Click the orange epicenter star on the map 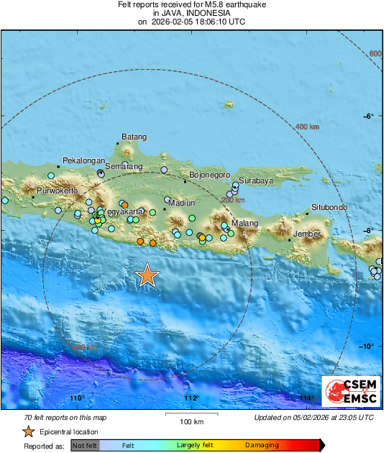pyautogui.click(x=147, y=276)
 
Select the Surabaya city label pyautogui.click(x=256, y=181)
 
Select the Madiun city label pyautogui.click(x=180, y=203)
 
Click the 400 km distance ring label pyautogui.click(x=307, y=127)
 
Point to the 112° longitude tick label pyautogui.click(x=191, y=398)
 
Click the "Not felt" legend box pyautogui.click(x=84, y=446)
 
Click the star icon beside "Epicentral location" pyautogui.click(x=28, y=432)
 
